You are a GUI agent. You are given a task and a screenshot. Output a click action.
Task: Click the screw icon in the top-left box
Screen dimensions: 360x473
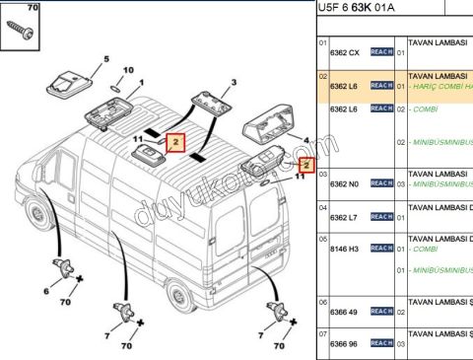21,28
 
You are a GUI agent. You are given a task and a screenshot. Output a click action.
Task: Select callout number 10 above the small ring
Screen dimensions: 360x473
125,70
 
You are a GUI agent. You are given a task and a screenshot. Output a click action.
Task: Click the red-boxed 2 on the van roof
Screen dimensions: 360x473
173,142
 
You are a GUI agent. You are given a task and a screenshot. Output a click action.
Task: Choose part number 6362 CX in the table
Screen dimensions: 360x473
344,51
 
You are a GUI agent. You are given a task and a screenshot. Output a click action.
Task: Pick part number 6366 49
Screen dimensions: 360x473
344,312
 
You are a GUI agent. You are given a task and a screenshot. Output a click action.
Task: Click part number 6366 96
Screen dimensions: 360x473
344,343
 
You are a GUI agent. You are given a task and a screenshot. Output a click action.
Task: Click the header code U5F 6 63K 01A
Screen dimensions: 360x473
363,8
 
